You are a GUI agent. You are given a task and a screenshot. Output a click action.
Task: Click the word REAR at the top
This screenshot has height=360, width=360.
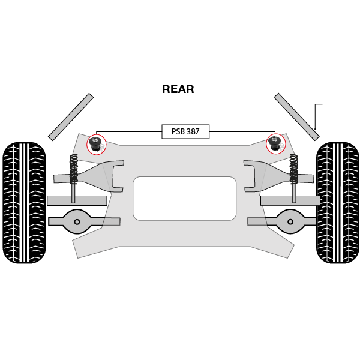click(x=178, y=89)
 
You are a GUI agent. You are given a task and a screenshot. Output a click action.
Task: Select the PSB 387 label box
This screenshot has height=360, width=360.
click(x=185, y=131)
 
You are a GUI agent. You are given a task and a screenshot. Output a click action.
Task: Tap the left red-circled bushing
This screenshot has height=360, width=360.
click(x=97, y=144)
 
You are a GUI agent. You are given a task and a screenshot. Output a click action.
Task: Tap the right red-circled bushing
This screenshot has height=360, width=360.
click(x=275, y=144)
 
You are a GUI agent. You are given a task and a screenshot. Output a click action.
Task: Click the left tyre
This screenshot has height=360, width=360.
click(x=25, y=203)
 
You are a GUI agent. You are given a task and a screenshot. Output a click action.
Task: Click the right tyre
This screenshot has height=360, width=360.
click(x=338, y=203)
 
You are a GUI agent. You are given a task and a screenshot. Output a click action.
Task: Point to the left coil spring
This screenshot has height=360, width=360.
click(x=74, y=169)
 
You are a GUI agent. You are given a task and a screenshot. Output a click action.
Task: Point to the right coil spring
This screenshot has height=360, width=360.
click(x=293, y=169)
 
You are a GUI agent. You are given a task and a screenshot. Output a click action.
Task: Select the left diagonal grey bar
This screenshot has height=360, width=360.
click(x=71, y=117)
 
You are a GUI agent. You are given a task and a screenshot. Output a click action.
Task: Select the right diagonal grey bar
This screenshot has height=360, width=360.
click(x=296, y=117)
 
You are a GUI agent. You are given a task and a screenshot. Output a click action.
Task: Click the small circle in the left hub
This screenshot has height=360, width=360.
click(x=77, y=222)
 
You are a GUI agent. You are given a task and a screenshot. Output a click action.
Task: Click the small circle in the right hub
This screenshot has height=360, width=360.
click(x=290, y=222)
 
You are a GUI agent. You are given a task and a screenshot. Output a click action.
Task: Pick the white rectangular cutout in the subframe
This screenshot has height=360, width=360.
click(x=185, y=199)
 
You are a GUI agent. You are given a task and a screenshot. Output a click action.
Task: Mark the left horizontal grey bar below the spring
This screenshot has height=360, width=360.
click(x=77, y=200)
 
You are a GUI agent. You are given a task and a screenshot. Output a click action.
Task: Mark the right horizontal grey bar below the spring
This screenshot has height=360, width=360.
click(x=290, y=200)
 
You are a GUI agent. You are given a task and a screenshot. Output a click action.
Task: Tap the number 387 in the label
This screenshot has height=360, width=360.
click(x=193, y=131)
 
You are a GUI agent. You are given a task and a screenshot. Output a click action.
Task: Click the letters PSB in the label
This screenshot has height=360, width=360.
click(x=178, y=131)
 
